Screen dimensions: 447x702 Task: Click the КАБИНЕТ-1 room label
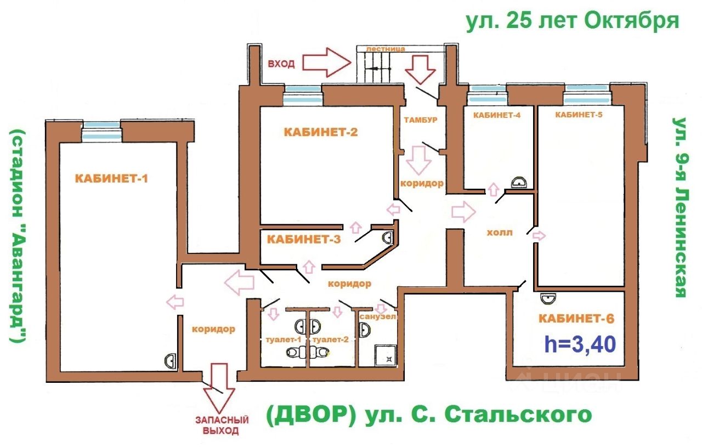(112, 178)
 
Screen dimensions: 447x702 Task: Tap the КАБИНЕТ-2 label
(321, 132)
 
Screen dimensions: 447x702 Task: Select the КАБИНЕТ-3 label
(304, 239)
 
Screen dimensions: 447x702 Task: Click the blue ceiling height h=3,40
(580, 344)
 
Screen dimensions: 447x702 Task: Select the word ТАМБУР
(420, 120)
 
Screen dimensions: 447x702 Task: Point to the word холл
(499, 233)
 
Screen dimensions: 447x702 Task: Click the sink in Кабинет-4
(518, 183)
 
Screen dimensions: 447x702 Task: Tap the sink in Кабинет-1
(171, 360)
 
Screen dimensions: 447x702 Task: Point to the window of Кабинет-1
(101, 132)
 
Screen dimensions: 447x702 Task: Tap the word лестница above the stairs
(386, 49)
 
